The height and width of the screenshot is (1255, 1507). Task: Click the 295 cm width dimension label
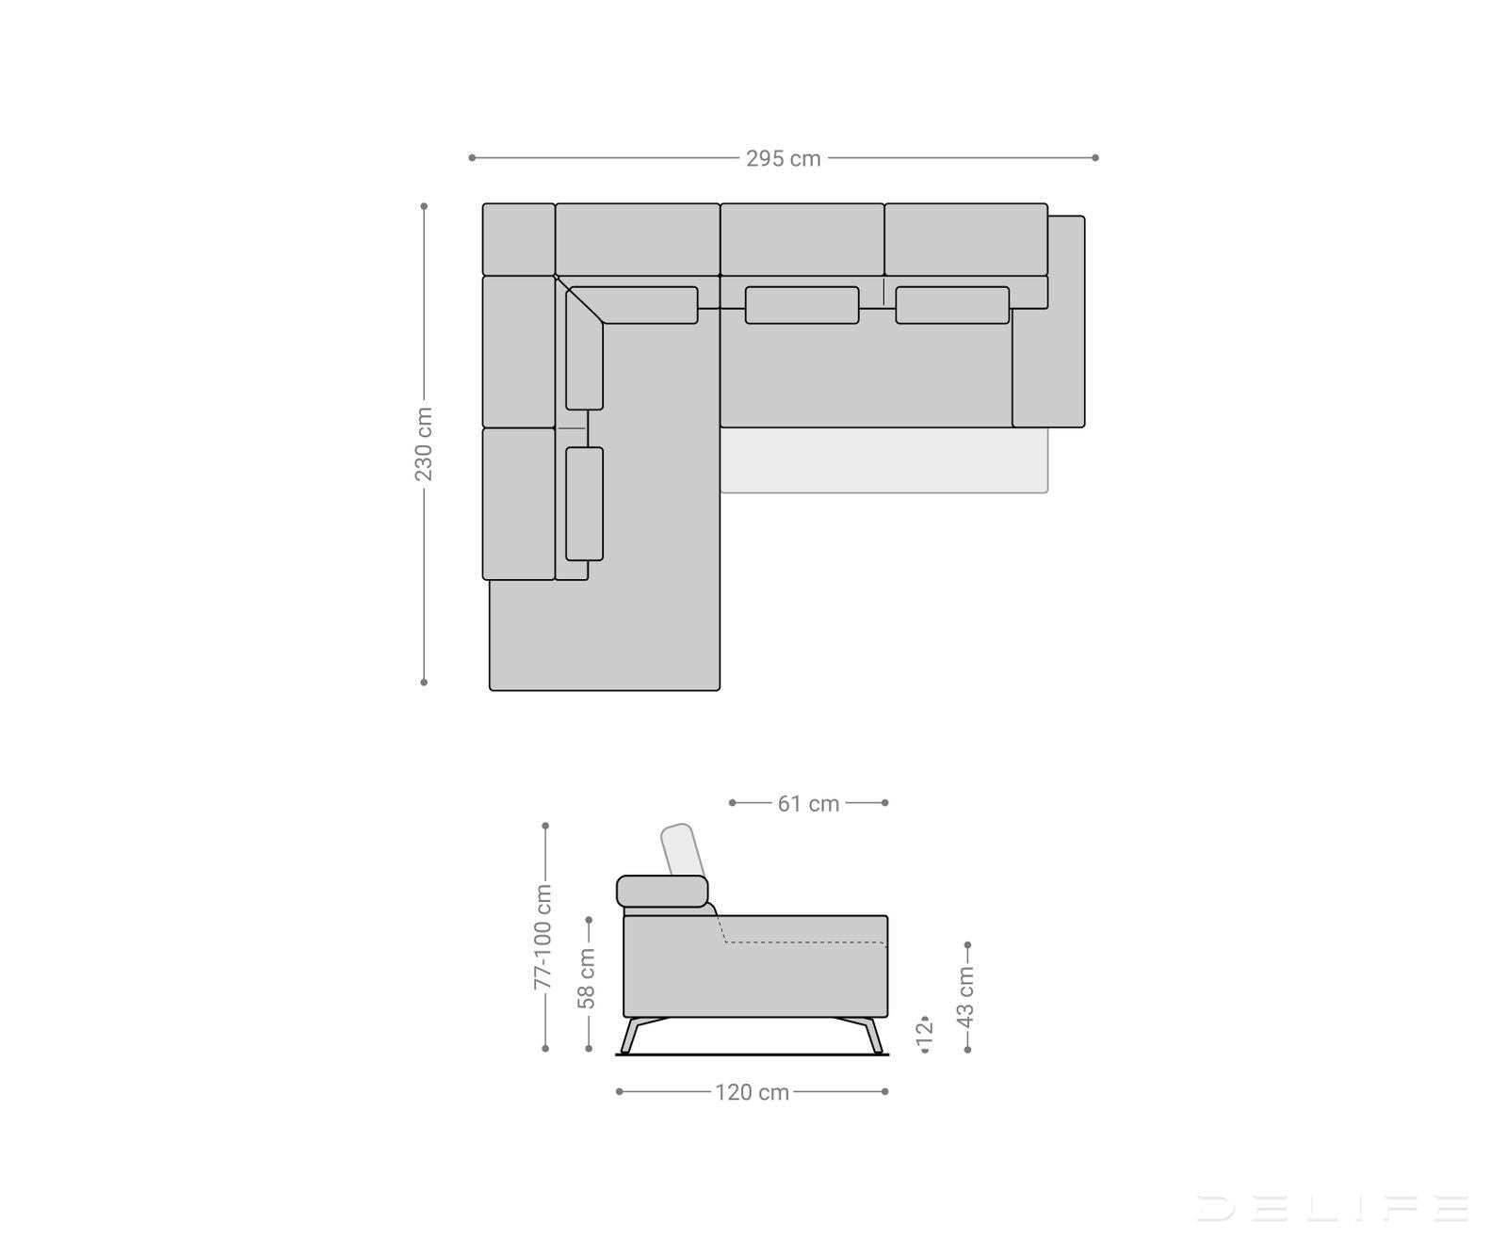click(x=784, y=158)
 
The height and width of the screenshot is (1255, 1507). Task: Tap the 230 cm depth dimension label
click(x=424, y=444)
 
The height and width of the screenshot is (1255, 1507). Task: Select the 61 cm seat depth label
click(x=808, y=803)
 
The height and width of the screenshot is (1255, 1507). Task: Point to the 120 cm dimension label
click(x=752, y=1092)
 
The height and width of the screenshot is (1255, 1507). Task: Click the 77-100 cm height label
click(x=543, y=937)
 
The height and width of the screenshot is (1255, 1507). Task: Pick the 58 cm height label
click(x=587, y=978)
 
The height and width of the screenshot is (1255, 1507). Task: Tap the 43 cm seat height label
click(x=966, y=997)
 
